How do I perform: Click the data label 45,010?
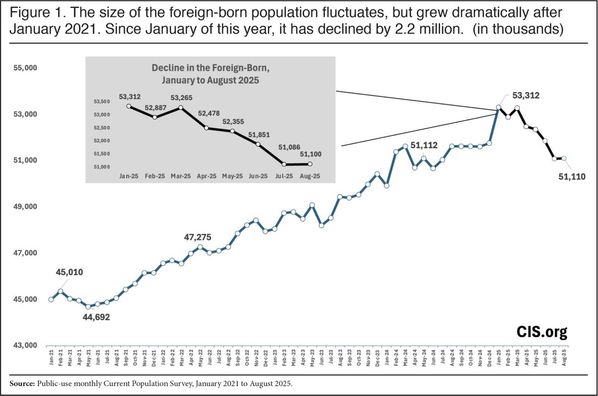pos(69,272)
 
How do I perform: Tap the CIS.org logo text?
pos(542,331)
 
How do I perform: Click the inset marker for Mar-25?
pos(181,107)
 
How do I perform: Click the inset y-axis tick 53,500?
pos(102,101)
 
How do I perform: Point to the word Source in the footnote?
pos(19,384)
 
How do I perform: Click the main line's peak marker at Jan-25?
pos(498,107)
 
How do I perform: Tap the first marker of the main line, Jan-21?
pos(51,299)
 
